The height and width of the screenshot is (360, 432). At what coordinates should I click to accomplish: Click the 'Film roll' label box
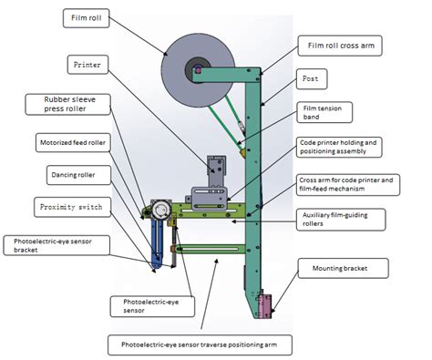click(87, 17)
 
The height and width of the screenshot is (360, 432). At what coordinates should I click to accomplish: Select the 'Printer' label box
click(88, 65)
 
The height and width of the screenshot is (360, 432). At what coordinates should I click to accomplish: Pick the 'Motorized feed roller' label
click(72, 143)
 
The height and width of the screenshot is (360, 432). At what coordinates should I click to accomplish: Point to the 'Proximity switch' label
click(69, 205)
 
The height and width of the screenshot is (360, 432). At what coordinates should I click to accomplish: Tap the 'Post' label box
click(310, 79)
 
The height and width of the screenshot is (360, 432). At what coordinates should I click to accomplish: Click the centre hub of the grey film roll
click(197, 68)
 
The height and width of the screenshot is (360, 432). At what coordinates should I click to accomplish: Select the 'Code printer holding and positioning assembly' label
click(345, 149)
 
